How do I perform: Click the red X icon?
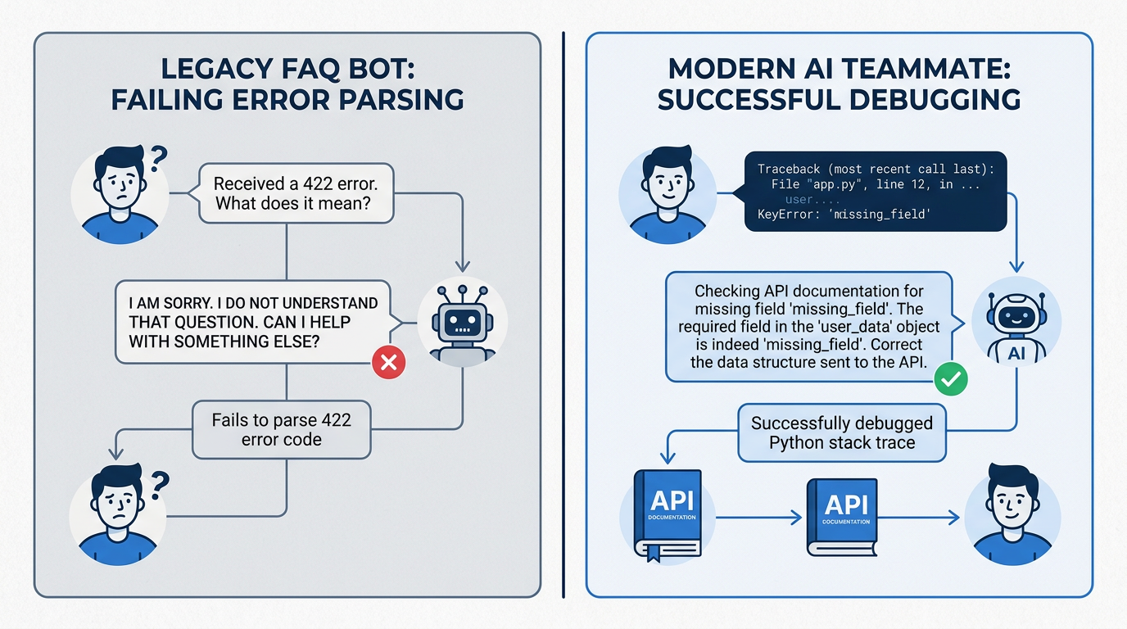click(x=389, y=362)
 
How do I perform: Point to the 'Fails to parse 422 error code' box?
click(x=281, y=430)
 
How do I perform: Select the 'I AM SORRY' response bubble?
click(x=254, y=321)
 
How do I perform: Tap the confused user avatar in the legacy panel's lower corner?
click(x=119, y=514)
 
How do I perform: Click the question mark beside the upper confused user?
click(x=159, y=156)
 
